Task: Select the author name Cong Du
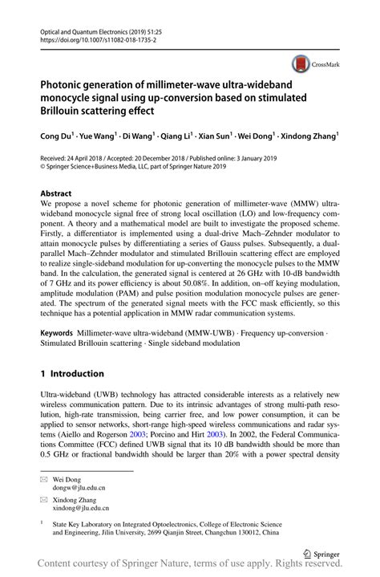57,137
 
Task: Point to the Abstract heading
55,193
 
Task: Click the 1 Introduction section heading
71,373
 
